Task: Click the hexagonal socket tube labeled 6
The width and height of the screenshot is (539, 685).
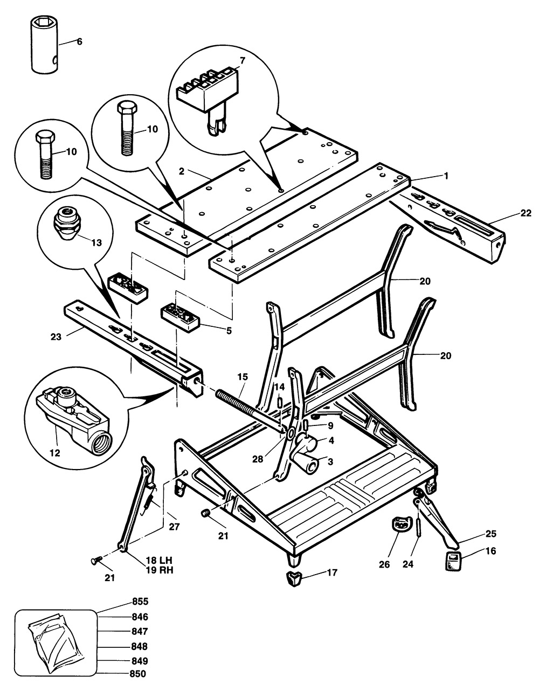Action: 45,45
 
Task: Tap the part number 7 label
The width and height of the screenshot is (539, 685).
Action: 243,60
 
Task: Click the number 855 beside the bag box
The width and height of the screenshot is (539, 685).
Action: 140,602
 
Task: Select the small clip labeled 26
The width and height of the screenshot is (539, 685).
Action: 400,523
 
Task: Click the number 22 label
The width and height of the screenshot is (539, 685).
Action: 526,213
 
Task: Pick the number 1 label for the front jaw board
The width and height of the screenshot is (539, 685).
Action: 446,176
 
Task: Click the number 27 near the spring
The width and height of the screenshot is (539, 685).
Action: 174,527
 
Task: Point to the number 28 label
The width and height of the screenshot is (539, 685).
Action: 258,459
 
